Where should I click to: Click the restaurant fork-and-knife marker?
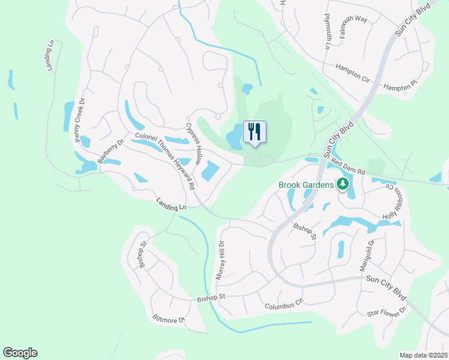pyautogui.click(x=255, y=132)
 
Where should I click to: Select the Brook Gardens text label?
pyautogui.click(x=306, y=185)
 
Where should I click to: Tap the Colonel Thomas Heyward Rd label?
pyautogui.click(x=165, y=160)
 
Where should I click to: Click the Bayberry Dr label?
pyautogui.click(x=110, y=152)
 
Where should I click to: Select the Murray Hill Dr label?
pyautogui.click(x=220, y=260)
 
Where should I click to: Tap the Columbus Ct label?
pyautogui.click(x=285, y=306)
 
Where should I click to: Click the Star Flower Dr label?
pyautogui.click(x=387, y=313)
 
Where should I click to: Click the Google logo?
pyautogui.click(x=20, y=353)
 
